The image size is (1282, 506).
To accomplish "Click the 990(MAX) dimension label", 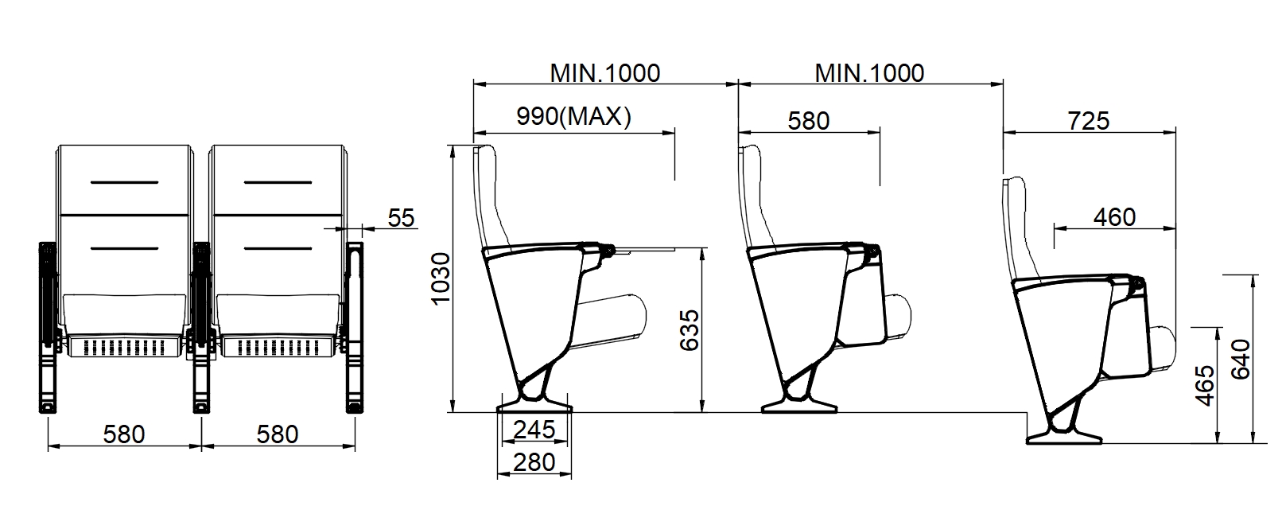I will pyautogui.click(x=573, y=118).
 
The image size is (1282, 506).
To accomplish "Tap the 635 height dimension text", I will pyautogui.click(x=690, y=329).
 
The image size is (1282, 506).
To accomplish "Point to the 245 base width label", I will pyautogui.click(x=534, y=430).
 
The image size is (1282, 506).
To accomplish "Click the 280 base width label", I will pyautogui.click(x=534, y=461).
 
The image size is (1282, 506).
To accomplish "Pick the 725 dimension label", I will pyautogui.click(x=1088, y=121).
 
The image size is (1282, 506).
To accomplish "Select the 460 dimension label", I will pyautogui.click(x=1114, y=217).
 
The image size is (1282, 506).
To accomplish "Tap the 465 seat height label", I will pyautogui.click(x=1205, y=385).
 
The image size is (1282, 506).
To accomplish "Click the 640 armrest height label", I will pyautogui.click(x=1241, y=359).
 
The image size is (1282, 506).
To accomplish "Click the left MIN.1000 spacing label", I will pyautogui.click(x=605, y=73).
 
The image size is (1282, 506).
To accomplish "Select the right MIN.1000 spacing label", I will pyautogui.click(x=869, y=73).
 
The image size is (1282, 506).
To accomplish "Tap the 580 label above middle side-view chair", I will pyautogui.click(x=808, y=121).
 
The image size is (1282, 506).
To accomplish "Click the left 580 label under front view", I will pyautogui.click(x=124, y=434).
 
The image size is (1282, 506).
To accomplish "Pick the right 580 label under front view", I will pyautogui.click(x=278, y=434).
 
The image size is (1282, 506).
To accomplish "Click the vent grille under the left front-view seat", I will pyautogui.click(x=124, y=346).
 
